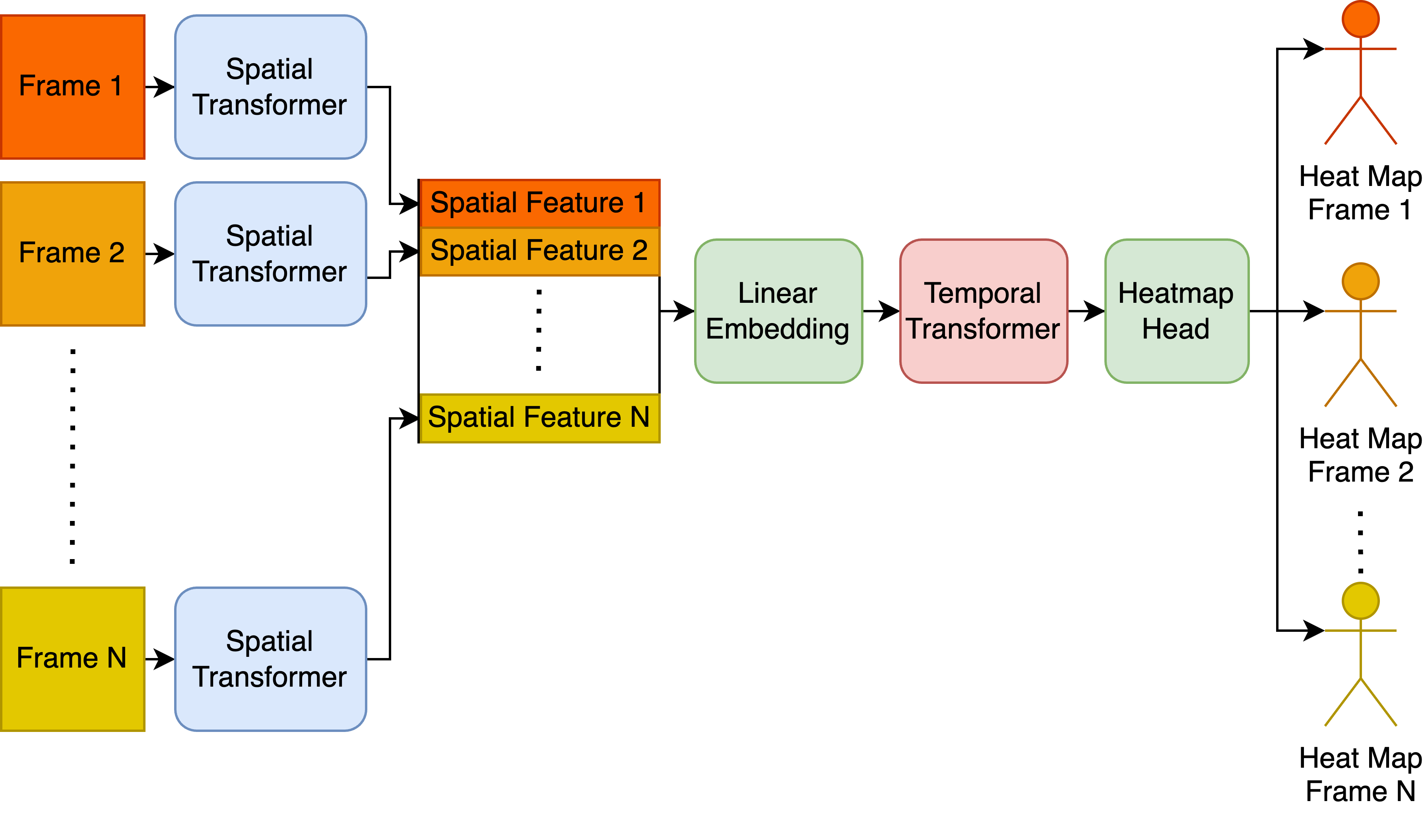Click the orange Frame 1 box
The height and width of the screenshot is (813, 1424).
(x=73, y=87)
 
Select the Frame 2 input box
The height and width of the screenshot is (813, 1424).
(x=73, y=254)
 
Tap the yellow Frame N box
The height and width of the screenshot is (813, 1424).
(x=73, y=658)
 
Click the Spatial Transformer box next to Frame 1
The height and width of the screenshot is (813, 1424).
(x=270, y=87)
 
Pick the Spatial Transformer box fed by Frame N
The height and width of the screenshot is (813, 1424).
(x=270, y=658)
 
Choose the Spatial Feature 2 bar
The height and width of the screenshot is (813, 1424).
(x=539, y=251)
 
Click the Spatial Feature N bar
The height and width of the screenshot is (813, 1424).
(x=539, y=418)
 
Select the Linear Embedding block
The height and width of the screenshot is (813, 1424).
(x=778, y=311)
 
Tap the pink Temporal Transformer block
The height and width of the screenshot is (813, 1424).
(x=983, y=311)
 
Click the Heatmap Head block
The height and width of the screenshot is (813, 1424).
(x=1176, y=311)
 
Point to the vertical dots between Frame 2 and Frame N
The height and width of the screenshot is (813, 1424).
(x=73, y=455)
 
